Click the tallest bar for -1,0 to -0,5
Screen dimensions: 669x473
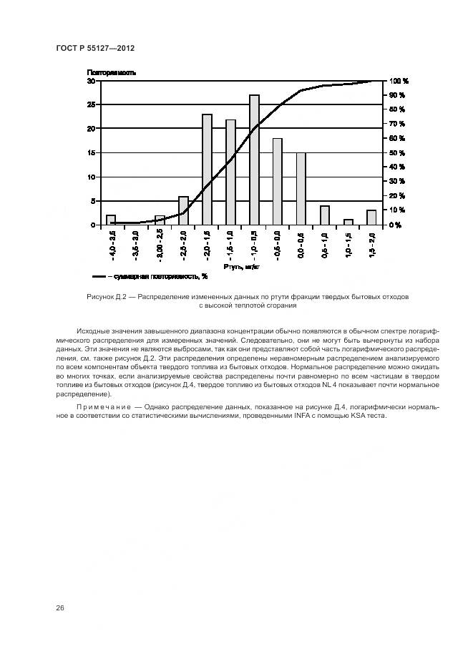click(x=254, y=160)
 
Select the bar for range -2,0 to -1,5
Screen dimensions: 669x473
click(x=207, y=170)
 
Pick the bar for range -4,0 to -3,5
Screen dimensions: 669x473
click(x=111, y=220)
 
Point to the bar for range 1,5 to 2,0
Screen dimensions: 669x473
click(x=371, y=218)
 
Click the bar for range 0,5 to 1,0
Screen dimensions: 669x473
click(x=325, y=215)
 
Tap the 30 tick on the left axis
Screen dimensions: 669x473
click(x=92, y=81)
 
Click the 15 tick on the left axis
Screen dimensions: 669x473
click(x=92, y=153)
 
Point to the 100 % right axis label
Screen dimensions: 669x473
click(x=399, y=81)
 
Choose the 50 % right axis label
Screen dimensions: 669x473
click(x=398, y=153)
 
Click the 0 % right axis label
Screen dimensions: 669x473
click(x=396, y=225)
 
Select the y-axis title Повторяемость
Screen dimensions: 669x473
click(x=112, y=72)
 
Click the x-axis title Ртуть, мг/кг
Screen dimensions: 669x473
click(x=239, y=265)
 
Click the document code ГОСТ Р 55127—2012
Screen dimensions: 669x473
click(x=94, y=48)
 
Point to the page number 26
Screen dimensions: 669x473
click(x=60, y=607)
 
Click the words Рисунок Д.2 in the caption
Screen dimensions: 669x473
click(x=106, y=296)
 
